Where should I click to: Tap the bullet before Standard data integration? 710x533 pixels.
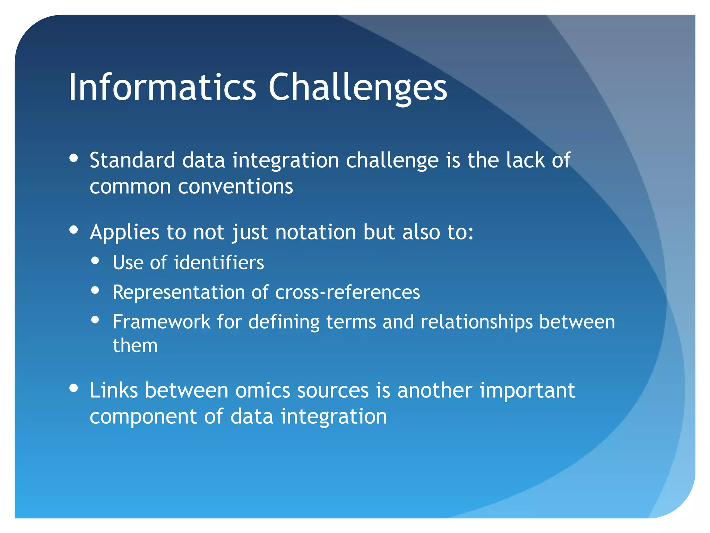(x=73, y=158)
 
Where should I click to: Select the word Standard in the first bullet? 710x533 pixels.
(x=132, y=160)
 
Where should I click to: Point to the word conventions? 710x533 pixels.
(x=235, y=187)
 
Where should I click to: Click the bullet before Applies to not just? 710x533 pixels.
(x=73, y=230)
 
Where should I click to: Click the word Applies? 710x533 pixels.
(x=124, y=232)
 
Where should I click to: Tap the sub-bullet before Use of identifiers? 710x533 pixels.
(x=95, y=260)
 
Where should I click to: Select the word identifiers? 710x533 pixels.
(x=219, y=262)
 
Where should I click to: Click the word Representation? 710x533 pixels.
(x=179, y=292)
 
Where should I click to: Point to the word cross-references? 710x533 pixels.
(x=347, y=292)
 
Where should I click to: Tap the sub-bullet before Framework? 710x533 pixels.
(x=95, y=320)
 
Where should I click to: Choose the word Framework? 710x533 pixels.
(x=162, y=322)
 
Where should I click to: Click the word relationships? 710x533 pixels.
(x=476, y=322)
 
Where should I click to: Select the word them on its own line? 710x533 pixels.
(x=135, y=346)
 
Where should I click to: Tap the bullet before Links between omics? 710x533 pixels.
(x=73, y=388)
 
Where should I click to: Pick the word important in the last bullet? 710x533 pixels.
(x=527, y=390)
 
